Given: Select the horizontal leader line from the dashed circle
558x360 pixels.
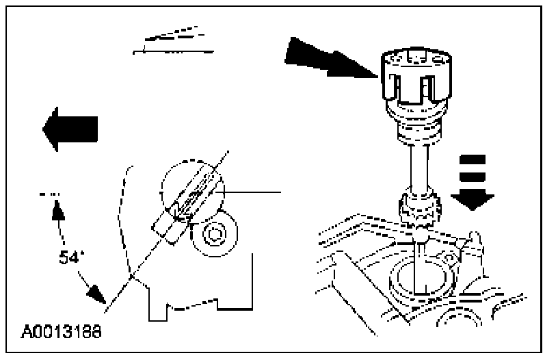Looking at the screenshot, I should (x=253, y=192).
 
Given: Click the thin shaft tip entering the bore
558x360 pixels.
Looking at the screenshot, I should (x=418, y=263).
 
